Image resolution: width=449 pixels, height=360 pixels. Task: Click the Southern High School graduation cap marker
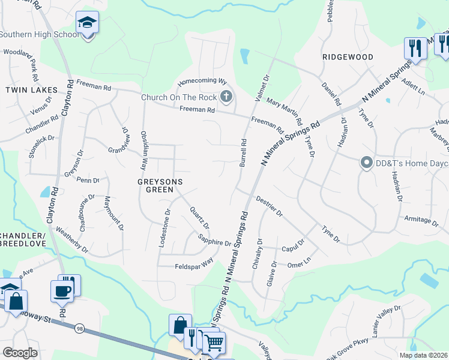(x=88, y=23)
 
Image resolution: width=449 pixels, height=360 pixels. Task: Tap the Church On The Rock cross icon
(x=226, y=96)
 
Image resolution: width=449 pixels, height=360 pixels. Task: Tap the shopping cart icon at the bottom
(x=214, y=343)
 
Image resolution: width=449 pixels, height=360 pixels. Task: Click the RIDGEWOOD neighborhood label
(x=348, y=57)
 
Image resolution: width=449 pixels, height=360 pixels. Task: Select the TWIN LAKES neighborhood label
(x=31, y=90)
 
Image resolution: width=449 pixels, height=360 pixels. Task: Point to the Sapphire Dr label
(x=214, y=240)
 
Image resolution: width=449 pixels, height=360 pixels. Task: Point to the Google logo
(x=20, y=353)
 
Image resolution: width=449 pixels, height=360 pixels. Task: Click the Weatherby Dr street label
(x=71, y=239)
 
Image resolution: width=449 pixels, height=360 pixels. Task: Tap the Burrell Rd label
(x=244, y=153)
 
